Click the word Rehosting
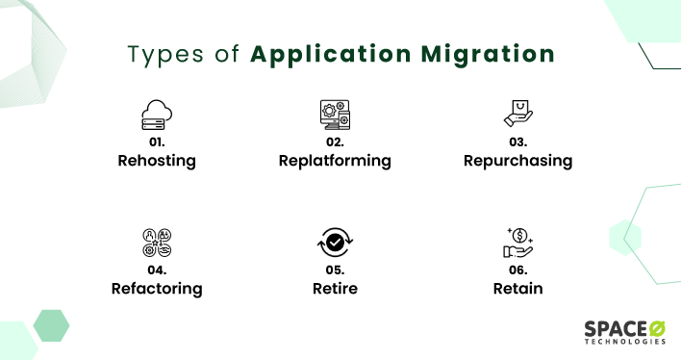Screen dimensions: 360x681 [x=156, y=161]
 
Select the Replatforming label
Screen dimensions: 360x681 [x=334, y=161]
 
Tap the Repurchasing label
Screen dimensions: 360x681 [x=517, y=161]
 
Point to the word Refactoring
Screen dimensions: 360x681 [x=156, y=288]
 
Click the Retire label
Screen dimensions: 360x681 [x=335, y=288]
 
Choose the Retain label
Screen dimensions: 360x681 [x=517, y=288]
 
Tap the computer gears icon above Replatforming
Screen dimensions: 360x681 [x=334, y=115]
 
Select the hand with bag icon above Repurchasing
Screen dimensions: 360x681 [x=517, y=115]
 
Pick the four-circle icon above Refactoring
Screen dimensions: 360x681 [x=156, y=242]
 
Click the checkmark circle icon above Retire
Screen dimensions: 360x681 [x=334, y=244]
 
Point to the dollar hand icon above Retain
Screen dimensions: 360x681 [x=517, y=242]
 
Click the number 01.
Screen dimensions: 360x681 [x=156, y=141]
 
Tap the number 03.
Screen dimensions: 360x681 [x=517, y=141]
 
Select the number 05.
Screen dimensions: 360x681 [x=335, y=269]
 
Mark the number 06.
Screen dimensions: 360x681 [x=517, y=269]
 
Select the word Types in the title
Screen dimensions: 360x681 [x=163, y=53]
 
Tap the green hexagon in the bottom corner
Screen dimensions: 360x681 [x=51, y=325]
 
